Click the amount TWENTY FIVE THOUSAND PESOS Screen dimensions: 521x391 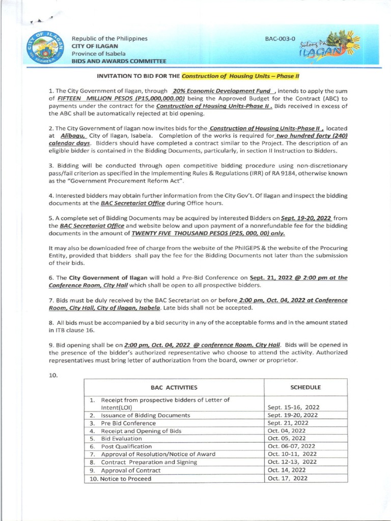[x=208, y=233]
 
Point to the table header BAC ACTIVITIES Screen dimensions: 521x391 [x=174, y=387]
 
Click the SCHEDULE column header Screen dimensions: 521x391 [x=305, y=387]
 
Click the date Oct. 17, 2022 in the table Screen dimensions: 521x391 [x=287, y=478]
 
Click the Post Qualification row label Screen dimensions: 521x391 [x=125, y=446]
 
